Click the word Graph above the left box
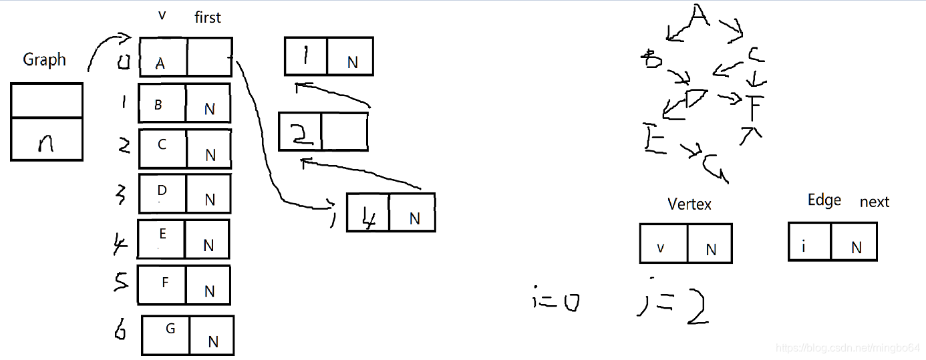[45, 59]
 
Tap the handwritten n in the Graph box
[46, 142]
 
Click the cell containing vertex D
[162, 194]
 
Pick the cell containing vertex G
[166, 335]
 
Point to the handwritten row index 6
[120, 330]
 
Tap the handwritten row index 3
[122, 196]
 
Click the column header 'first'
[207, 18]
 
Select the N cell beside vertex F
[207, 285]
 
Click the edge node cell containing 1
[306, 57]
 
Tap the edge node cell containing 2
[301, 132]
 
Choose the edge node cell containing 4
[367, 213]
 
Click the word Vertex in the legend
[689, 204]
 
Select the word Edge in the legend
[824, 200]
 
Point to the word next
[874, 202]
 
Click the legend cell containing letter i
[809, 242]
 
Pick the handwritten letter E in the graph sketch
[654, 138]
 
